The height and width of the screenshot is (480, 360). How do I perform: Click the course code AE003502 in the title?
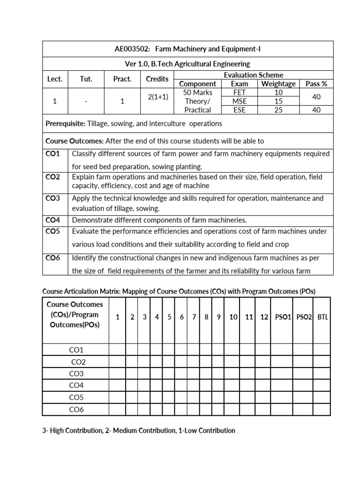coord(131,49)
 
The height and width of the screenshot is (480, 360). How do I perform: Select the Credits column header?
coord(157,79)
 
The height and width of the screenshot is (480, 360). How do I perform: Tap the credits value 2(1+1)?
coord(157,97)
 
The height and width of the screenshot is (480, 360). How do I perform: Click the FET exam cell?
coord(239,93)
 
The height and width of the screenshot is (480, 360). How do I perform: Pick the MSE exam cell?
coord(239,101)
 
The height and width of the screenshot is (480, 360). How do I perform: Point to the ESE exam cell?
coord(239,110)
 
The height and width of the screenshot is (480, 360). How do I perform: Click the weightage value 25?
coord(278,110)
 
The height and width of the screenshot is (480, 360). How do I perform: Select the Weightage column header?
coord(278,84)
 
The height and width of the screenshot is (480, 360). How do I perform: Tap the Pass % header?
coord(316,84)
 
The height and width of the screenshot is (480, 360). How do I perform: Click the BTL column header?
coord(322,317)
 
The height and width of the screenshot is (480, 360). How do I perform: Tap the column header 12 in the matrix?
coord(264,317)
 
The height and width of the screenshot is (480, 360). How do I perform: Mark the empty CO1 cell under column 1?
coord(118,350)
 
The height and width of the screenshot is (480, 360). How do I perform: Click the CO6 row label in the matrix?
coord(76,410)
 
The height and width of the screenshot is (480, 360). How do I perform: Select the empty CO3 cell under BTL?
coord(322,374)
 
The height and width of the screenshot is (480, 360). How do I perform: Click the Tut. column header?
coord(86,79)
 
